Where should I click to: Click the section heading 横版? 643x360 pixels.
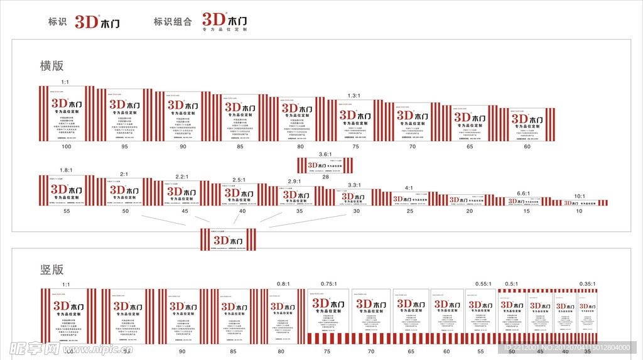click(x=52, y=65)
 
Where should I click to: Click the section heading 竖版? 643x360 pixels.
click(x=52, y=270)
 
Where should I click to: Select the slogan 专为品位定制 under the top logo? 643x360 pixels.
click(x=225, y=30)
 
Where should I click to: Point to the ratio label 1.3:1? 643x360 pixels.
click(x=354, y=95)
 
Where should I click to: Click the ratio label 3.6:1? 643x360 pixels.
click(x=325, y=154)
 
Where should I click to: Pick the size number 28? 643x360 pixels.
click(x=325, y=177)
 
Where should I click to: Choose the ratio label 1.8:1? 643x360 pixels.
click(x=65, y=171)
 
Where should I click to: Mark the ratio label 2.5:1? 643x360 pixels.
click(x=239, y=180)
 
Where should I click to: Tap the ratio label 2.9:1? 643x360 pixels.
click(x=294, y=182)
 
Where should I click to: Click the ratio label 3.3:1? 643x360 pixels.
click(x=355, y=185)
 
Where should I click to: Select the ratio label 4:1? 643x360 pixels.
click(x=409, y=188)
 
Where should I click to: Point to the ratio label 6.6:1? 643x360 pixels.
click(x=524, y=194)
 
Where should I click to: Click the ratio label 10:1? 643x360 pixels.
click(x=579, y=196)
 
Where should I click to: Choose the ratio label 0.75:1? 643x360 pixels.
click(x=329, y=284)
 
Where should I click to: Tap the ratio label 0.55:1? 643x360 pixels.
click(x=482, y=284)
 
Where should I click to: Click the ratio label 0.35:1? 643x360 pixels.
click(x=587, y=284)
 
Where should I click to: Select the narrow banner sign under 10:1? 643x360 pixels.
click(x=578, y=203)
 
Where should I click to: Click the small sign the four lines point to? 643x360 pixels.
click(x=229, y=239)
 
